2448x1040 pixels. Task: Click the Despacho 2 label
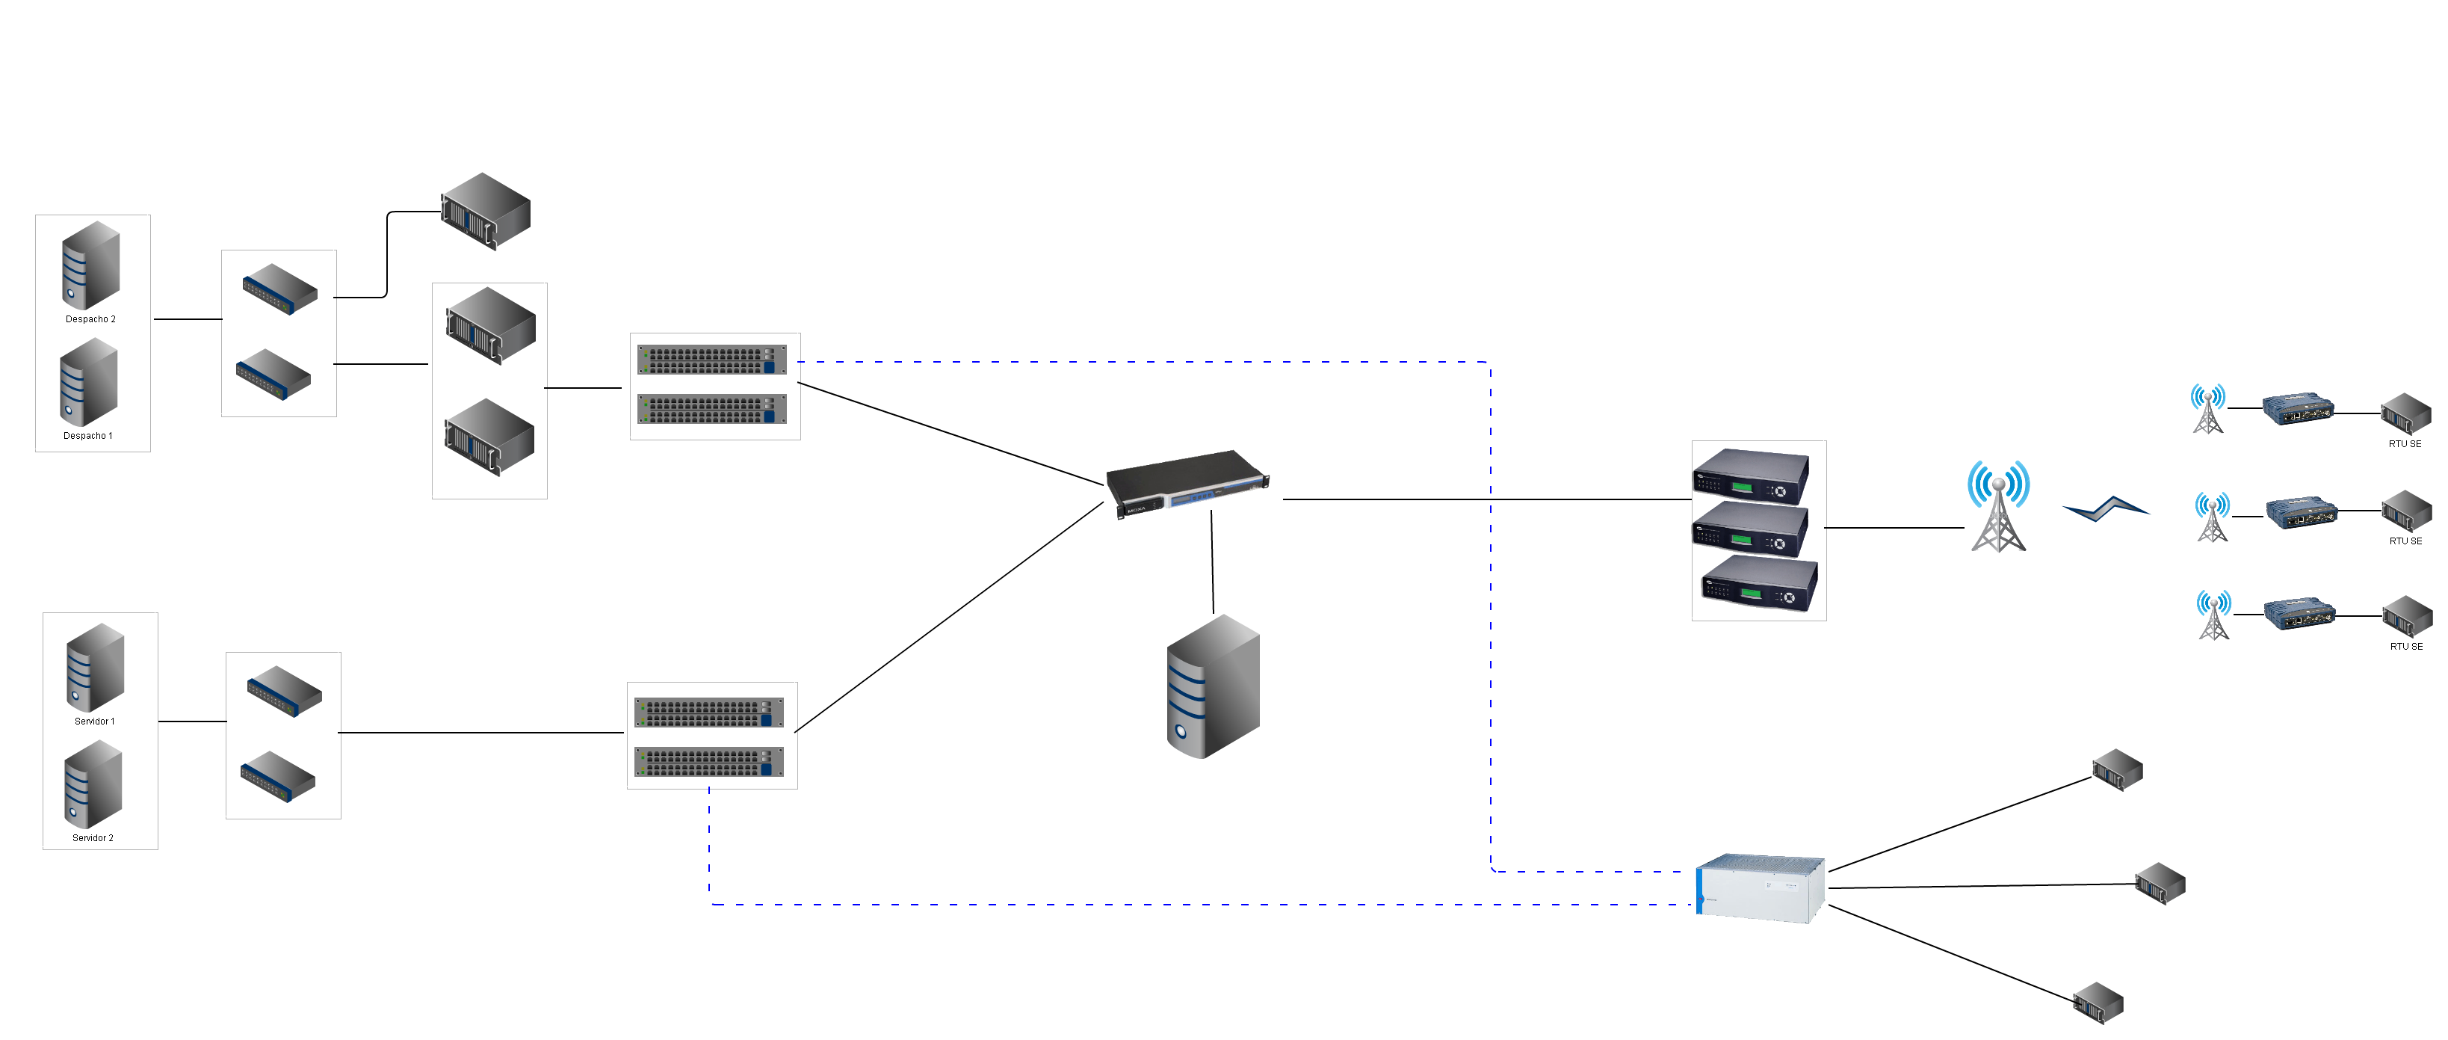pyautogui.click(x=90, y=319)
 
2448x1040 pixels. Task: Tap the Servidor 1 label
pyautogui.click(x=94, y=721)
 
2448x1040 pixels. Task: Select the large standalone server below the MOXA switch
pyautogui.click(x=1213, y=686)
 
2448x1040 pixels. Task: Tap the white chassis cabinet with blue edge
pyautogui.click(x=1760, y=888)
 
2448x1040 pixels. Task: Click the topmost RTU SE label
pyautogui.click(x=2405, y=444)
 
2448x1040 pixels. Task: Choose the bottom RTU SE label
pyautogui.click(x=2405, y=647)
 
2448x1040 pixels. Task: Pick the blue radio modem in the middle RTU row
pyautogui.click(x=2300, y=514)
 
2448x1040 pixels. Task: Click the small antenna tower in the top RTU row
pyautogui.click(x=2207, y=409)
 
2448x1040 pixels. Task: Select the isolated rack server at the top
pyautogui.click(x=486, y=211)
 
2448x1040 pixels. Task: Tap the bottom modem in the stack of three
pyautogui.click(x=1759, y=584)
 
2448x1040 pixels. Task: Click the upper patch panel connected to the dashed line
pyautogui.click(x=712, y=360)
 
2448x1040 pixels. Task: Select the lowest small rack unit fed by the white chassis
pyautogui.click(x=2098, y=1003)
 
